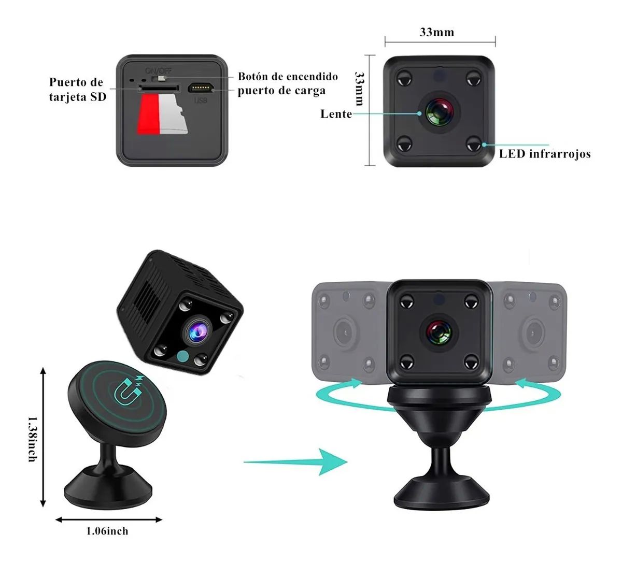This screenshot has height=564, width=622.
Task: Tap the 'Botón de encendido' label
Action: [x=288, y=77]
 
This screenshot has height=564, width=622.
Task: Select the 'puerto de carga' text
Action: [x=281, y=91]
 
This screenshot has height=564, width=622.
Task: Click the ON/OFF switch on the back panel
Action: [x=161, y=78]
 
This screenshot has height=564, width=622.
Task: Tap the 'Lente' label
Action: [x=336, y=114]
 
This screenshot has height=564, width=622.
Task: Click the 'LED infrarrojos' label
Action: [x=545, y=154]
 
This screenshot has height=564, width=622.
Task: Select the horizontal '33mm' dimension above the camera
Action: [x=436, y=32]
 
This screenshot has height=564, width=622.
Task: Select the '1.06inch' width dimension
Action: [x=108, y=531]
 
